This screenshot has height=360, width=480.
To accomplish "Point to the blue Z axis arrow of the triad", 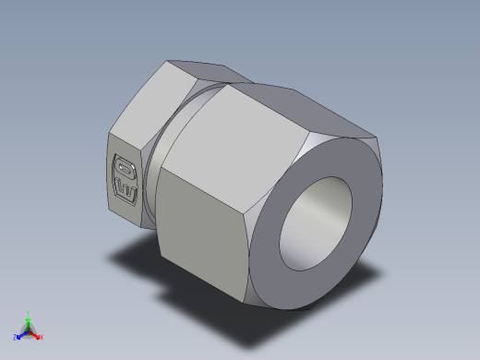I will pyautogui.click(x=20, y=334).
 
